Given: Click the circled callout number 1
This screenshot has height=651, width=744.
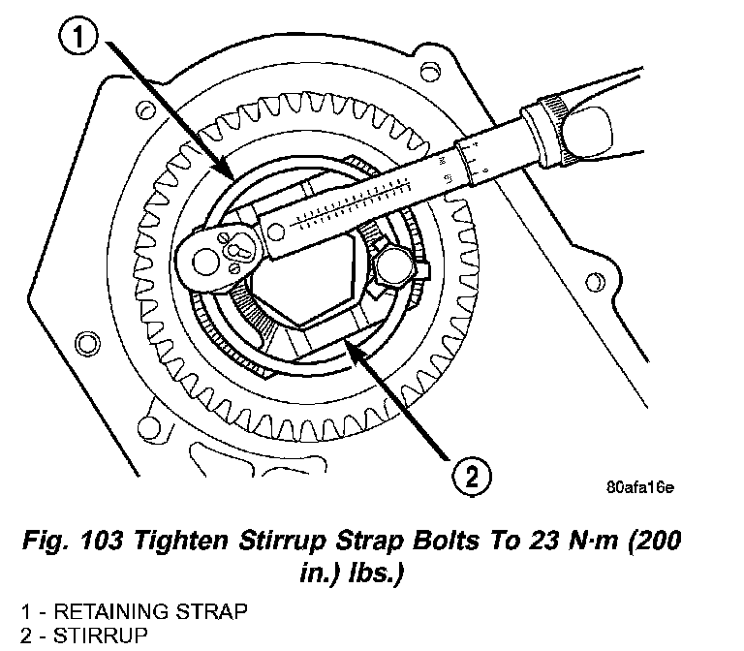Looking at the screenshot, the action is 78,37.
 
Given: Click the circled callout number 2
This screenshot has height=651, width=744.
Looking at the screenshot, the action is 472,477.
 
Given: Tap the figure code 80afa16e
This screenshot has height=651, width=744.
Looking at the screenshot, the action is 639,487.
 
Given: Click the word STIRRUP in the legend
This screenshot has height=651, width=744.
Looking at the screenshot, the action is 100,635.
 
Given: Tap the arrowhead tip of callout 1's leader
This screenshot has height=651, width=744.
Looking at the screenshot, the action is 232,178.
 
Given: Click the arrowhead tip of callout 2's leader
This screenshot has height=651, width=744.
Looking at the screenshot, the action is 344,338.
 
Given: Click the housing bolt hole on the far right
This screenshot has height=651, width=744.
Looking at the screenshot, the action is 595,283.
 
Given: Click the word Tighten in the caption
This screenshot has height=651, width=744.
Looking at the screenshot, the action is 181,541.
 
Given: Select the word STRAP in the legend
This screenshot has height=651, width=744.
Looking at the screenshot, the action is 211,611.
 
